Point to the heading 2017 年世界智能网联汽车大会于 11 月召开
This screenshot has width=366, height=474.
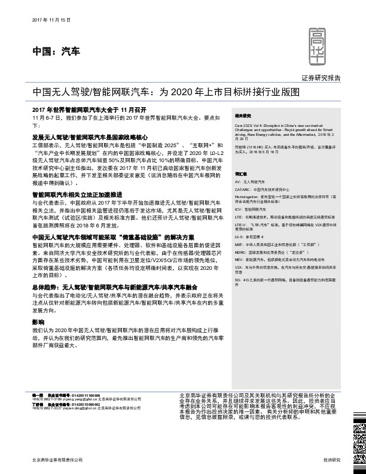click(90, 111)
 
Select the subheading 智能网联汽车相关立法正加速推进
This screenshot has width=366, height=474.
click(77, 195)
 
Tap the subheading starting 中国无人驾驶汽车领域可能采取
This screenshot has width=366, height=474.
click(105, 238)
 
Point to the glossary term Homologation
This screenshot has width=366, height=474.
click(247, 196)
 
